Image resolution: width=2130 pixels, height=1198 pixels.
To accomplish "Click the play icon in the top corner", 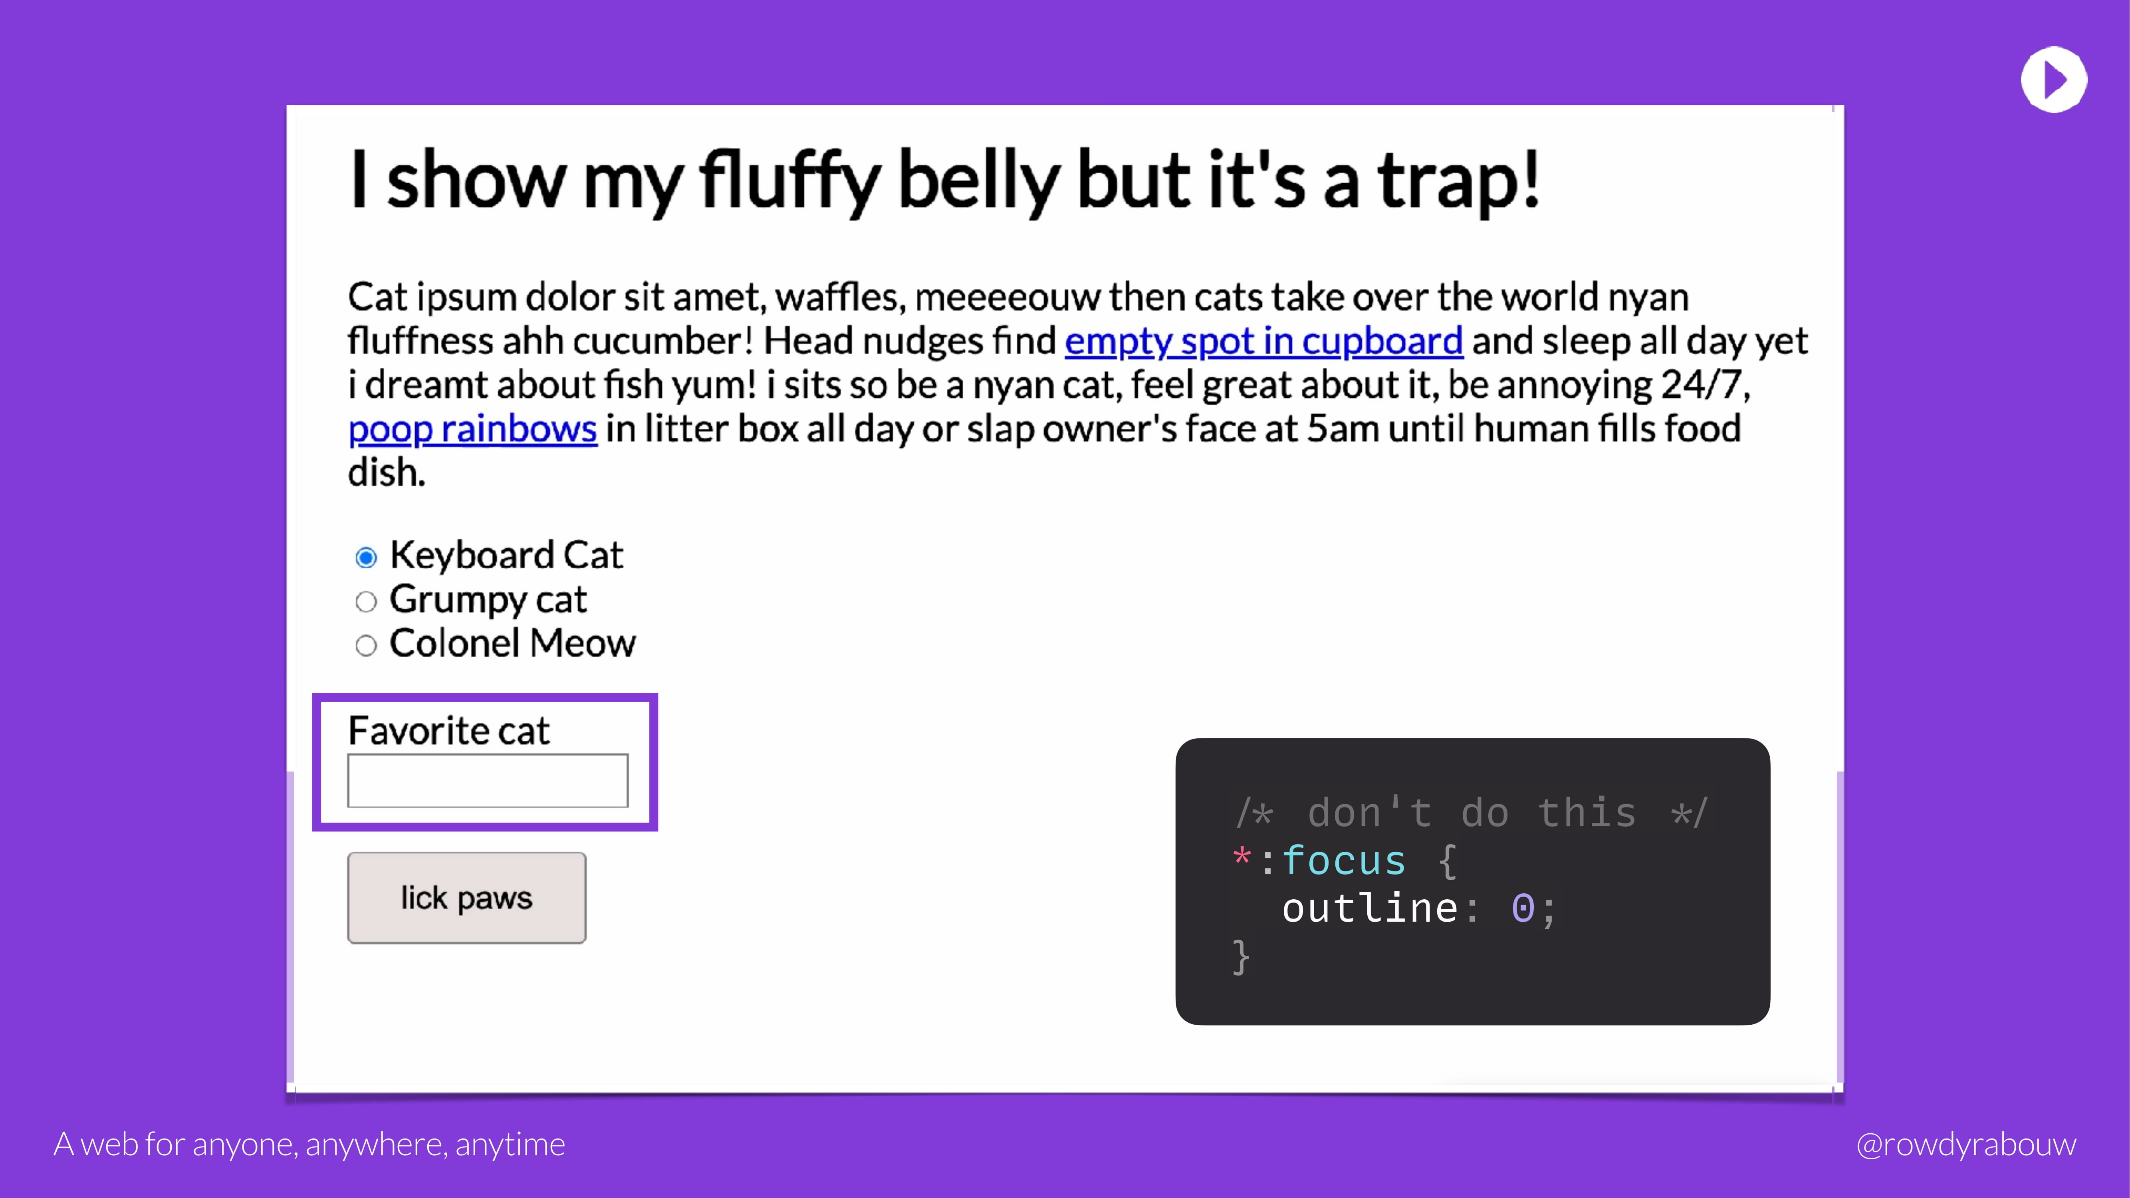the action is coord(2054,79).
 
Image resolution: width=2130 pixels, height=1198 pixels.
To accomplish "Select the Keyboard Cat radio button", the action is coord(366,557).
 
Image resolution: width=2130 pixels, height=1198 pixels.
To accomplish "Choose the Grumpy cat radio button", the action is coord(366,601).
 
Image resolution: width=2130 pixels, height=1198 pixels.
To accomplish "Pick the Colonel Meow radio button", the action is coord(366,645).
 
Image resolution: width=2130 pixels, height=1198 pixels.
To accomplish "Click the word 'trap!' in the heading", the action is coord(1458,180).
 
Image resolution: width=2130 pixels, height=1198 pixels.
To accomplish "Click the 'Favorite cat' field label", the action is coord(449,730).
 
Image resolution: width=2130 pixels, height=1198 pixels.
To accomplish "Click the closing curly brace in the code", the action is coord(1240,956).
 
